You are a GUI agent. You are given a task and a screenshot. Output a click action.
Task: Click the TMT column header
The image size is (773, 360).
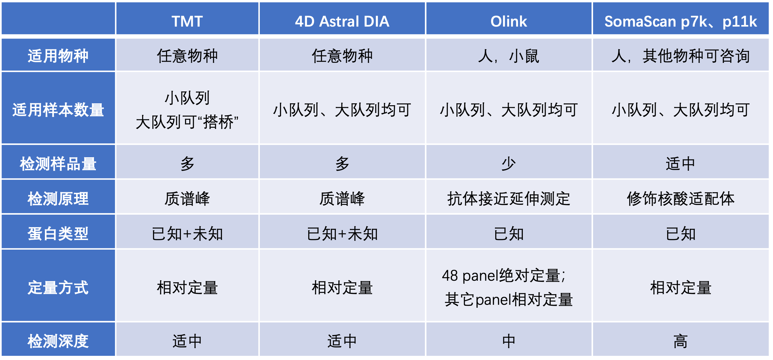187,21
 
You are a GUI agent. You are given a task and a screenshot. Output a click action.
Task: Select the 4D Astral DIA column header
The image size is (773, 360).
342,21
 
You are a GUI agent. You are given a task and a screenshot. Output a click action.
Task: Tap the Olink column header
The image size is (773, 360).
508,21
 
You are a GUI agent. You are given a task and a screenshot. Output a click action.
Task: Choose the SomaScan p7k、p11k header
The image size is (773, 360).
680,21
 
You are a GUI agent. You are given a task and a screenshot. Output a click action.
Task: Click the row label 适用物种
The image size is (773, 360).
58,56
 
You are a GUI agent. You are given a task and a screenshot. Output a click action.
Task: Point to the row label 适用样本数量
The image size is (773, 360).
58,110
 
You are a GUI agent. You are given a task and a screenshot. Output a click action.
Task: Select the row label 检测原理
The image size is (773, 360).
58,199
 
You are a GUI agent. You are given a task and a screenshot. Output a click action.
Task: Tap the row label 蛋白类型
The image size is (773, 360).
58,234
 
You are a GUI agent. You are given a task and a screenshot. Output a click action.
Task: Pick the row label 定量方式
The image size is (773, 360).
58,287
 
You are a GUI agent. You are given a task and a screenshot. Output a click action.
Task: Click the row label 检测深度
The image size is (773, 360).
58,341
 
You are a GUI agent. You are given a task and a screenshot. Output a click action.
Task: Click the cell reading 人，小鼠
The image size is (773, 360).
508,56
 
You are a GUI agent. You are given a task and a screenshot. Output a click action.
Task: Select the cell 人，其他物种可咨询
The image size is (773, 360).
680,56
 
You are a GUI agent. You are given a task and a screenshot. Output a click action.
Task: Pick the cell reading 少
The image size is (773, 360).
508,164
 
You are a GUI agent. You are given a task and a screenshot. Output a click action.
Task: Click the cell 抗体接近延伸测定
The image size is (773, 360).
508,199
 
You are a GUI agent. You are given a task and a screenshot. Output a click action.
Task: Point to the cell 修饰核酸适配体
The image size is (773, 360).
680,199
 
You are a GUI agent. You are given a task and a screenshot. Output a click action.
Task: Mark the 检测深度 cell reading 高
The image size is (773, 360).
680,341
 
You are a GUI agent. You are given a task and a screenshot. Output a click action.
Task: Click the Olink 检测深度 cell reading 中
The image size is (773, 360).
508,341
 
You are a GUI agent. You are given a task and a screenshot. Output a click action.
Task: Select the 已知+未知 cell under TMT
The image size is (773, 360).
187,234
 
